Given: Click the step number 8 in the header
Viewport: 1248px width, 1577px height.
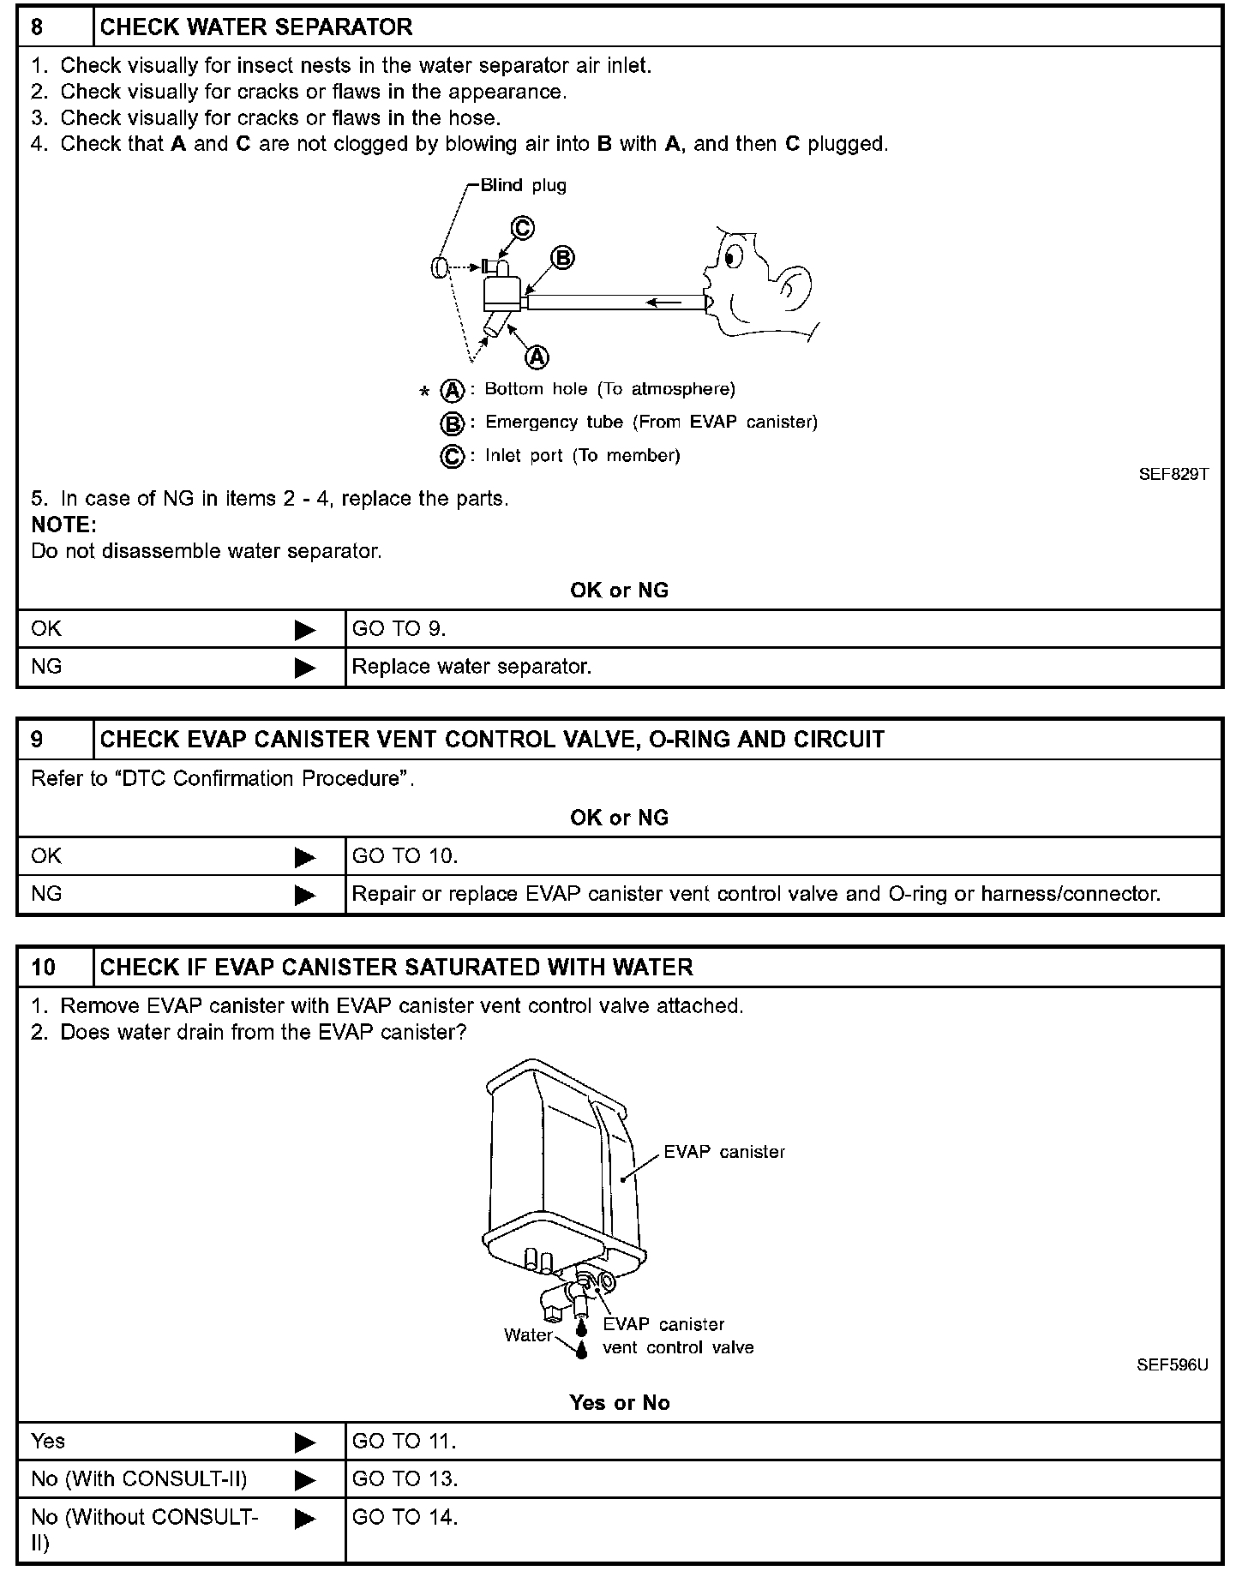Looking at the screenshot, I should [37, 27].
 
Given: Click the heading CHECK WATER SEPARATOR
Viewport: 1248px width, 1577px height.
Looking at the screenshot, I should [256, 27].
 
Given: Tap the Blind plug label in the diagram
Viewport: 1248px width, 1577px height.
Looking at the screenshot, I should [523, 185].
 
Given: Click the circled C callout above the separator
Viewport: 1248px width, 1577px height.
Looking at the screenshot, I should [523, 228].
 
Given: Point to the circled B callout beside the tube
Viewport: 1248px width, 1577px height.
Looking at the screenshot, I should [562, 258].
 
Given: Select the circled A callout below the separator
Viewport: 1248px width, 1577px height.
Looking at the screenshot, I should [537, 356].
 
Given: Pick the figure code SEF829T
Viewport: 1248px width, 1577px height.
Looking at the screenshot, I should [1173, 474].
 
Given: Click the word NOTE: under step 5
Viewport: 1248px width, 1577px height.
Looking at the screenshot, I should [63, 524].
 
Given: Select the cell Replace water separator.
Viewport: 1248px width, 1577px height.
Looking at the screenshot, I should [471, 666].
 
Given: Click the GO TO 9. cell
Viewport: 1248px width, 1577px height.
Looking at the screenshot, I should [399, 628].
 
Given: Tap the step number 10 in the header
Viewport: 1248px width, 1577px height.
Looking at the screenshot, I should [43, 967].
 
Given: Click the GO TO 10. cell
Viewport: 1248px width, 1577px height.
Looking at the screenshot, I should [405, 855].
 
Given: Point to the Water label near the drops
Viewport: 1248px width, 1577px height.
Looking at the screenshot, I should [528, 1334].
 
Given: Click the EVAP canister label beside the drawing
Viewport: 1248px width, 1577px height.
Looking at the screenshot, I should [724, 1152].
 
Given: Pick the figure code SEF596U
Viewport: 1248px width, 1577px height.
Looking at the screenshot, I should [1172, 1365].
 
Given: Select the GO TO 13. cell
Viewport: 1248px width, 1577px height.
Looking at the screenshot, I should [405, 1478].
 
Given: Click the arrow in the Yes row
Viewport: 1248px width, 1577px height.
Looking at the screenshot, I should [305, 1442].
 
